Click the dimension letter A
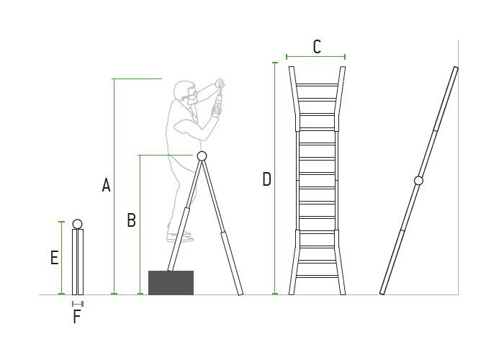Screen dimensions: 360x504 coord(107,185)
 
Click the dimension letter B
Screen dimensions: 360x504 coord(131,220)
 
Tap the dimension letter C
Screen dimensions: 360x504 coord(317,47)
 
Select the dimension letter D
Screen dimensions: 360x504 coord(266,179)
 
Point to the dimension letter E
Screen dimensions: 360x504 coord(54,258)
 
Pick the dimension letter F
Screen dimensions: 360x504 coord(77,317)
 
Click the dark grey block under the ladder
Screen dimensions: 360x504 coord(171,282)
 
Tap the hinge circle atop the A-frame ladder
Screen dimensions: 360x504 coord(202,156)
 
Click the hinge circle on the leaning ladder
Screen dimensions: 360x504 coord(419,181)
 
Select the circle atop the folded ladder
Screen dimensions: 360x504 coord(78,223)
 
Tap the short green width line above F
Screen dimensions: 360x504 coord(78,303)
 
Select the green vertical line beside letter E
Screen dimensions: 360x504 coord(62,258)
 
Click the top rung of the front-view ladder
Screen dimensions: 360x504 coord(317,85)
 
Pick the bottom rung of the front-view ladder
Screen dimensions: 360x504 coord(317,278)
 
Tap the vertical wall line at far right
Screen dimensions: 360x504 coord(459,166)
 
